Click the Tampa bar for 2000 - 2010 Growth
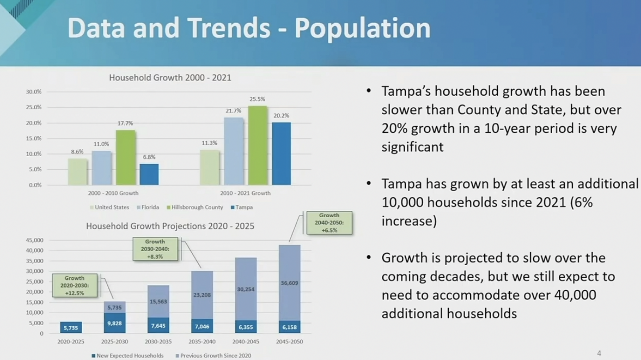pyautogui.click(x=149, y=174)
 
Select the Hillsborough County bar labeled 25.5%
pyautogui.click(x=257, y=145)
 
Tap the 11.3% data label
pyautogui.click(x=209, y=143)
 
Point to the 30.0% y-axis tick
pyautogui.click(x=34, y=92)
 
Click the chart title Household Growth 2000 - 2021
pyautogui.click(x=170, y=78)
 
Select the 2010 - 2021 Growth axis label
pyautogui.click(x=245, y=193)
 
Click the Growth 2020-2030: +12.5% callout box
pyautogui.click(x=75, y=285)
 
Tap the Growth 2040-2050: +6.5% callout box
pyautogui.click(x=329, y=223)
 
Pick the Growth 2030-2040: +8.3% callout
pyautogui.click(x=155, y=249)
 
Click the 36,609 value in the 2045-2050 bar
pyautogui.click(x=290, y=283)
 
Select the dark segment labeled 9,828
pyautogui.click(x=115, y=323)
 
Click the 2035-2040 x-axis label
pyautogui.click(x=202, y=342)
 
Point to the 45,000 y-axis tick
pyautogui.click(x=34, y=240)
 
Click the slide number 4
pyautogui.click(x=599, y=353)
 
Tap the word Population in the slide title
pyautogui.click(x=362, y=28)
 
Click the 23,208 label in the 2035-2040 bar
pyautogui.click(x=202, y=295)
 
